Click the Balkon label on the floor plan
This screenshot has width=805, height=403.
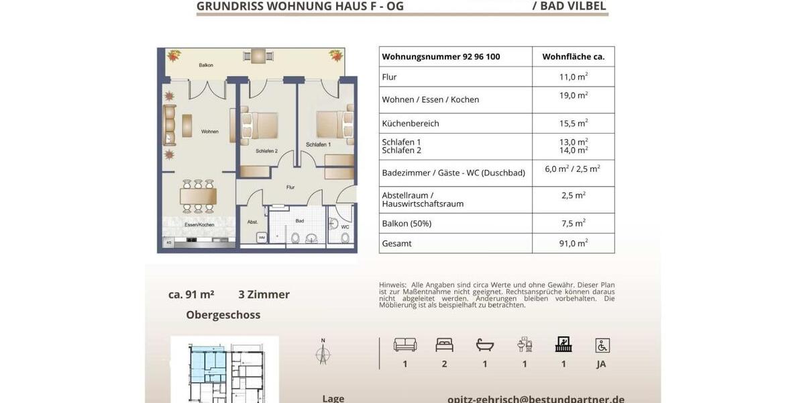tap(206, 65)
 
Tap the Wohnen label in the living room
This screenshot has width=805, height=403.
tap(210, 132)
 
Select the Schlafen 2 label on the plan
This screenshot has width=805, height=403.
tap(266, 151)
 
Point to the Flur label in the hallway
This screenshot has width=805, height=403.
tap(290, 187)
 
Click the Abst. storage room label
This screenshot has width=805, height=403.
tap(252, 222)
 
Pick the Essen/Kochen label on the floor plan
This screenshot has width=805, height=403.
tap(199, 224)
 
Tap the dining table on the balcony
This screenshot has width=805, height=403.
tap(258, 57)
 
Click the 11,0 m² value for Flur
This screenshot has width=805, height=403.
tap(573, 77)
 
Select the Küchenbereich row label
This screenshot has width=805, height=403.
tap(411, 124)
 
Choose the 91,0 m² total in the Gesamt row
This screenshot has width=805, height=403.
tap(573, 243)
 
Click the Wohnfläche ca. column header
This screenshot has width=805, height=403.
tap(573, 57)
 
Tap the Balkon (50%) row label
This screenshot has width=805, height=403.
tap(407, 224)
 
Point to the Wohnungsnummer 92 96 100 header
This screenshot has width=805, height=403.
tap(441, 57)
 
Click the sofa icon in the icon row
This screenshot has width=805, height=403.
tap(405, 345)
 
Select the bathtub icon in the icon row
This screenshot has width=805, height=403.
tap(484, 345)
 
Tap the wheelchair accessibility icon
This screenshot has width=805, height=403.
tap(602, 345)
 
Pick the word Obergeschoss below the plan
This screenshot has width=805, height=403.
tap(223, 315)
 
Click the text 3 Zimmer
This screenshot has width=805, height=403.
tap(264, 294)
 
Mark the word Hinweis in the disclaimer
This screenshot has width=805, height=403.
tap(392, 285)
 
